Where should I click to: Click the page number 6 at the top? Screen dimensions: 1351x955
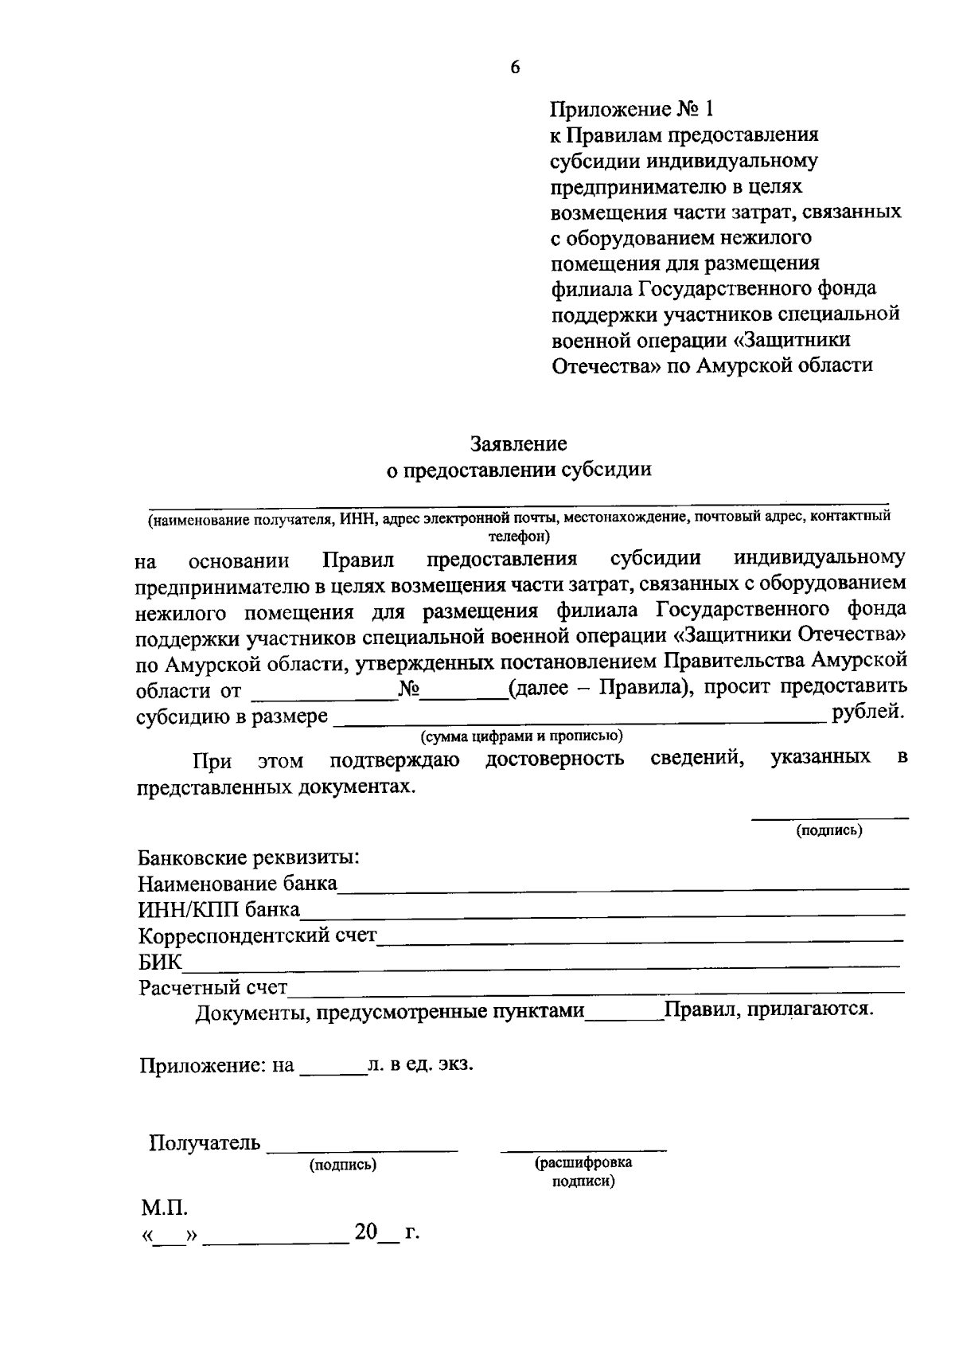(x=515, y=68)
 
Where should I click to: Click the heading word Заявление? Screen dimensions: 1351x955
(x=518, y=443)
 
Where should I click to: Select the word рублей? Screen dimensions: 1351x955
(x=867, y=713)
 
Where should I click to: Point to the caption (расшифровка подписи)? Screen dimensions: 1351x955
(x=583, y=1171)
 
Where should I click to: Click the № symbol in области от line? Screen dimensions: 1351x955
(x=408, y=688)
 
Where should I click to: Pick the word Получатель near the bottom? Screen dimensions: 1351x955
(x=205, y=1143)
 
